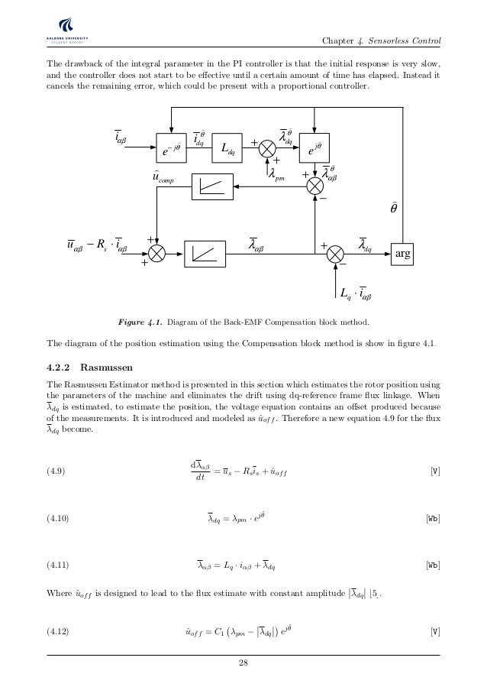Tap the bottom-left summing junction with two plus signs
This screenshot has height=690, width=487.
157,253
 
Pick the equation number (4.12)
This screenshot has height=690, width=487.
58,631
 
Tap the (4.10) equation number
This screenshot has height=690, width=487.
58,520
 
